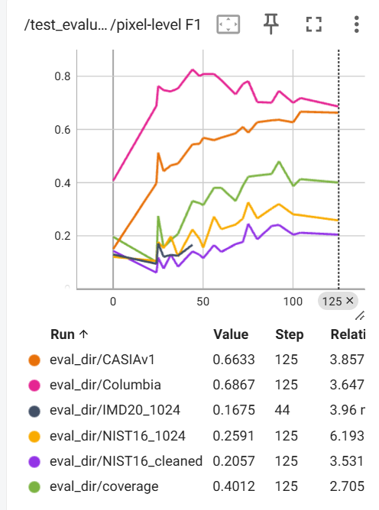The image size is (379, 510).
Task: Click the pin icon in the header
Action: pos(271,24)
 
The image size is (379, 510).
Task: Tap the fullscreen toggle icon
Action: pos(314,24)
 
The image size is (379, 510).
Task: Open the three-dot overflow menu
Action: pos(357,24)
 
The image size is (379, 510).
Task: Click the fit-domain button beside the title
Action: pos(228,24)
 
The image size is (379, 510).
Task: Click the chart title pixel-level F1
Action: pos(158,25)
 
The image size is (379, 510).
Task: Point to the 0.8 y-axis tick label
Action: pos(62,76)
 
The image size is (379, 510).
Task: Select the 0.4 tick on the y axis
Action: pos(62,183)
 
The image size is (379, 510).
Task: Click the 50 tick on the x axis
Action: pos(202,302)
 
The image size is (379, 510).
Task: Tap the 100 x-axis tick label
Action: pos(293,302)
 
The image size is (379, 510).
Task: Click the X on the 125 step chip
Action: pos(350,301)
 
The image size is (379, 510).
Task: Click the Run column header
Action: pos(63,334)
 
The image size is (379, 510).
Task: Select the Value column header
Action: pos(231,334)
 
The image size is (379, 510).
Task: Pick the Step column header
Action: pos(290,334)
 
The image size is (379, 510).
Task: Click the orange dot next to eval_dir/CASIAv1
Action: pos(34,360)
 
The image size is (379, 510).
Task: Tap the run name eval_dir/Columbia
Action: pos(105,385)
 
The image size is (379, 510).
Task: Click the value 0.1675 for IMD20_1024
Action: pos(234,410)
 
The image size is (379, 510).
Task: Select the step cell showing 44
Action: pos(282,410)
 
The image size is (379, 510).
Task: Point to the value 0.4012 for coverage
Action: pos(234,486)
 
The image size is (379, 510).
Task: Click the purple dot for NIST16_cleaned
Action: pos(34,462)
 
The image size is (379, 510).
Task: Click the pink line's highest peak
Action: pos(193,69)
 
